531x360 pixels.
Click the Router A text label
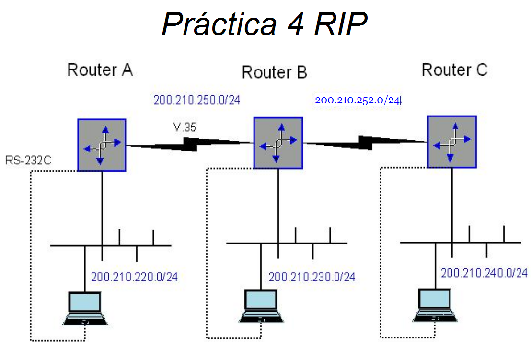100,70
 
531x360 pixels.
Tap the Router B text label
274,72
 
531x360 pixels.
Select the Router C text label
454,70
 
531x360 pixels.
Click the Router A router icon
102,145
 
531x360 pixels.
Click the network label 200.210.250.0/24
196,100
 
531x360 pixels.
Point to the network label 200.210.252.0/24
358,100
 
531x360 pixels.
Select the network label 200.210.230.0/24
312,277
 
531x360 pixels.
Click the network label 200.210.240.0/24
484,273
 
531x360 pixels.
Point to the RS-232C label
29,160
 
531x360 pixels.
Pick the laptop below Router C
435,305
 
